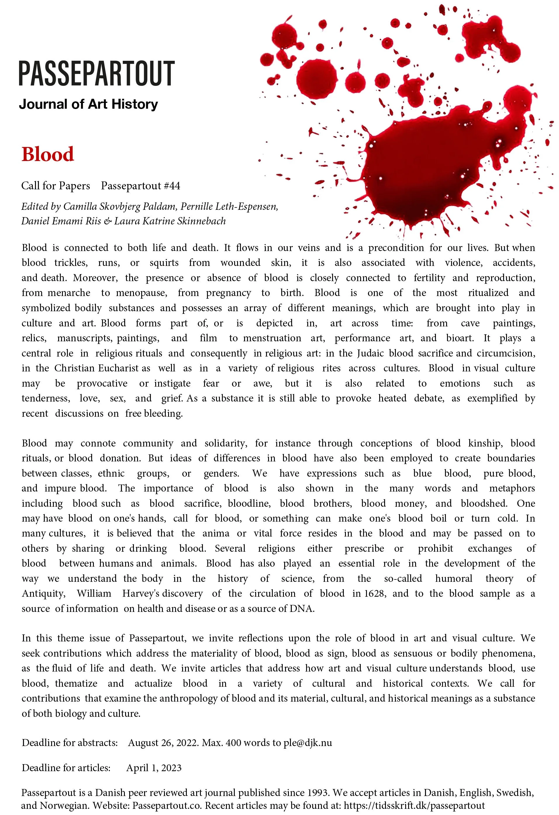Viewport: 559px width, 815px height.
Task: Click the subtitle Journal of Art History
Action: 88,104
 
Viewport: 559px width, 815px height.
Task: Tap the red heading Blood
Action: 48,154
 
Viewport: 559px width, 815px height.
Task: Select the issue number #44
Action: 172,186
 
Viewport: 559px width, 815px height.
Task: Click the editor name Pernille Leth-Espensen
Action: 229,206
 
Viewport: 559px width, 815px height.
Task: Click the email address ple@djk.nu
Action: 308,743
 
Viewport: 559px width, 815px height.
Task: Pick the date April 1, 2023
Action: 154,768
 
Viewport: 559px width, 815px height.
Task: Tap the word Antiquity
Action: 44,593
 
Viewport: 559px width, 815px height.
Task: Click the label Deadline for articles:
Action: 66,768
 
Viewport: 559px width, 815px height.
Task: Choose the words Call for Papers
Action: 56,186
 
